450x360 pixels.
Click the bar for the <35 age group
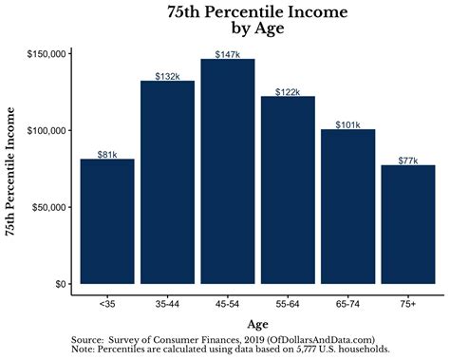point(107,220)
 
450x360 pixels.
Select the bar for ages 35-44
point(167,181)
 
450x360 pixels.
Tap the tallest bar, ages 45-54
point(227,171)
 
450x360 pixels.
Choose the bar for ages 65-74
point(347,206)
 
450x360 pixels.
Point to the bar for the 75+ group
point(407,224)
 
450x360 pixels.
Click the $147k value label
point(228,54)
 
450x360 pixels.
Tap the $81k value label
point(107,154)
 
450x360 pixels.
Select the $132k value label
point(168,76)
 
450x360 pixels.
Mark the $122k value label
point(288,91)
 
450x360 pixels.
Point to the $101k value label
point(347,123)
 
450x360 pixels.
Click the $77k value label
point(408,160)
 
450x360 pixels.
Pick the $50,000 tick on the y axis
point(48,207)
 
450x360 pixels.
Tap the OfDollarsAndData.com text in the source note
point(322,339)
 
